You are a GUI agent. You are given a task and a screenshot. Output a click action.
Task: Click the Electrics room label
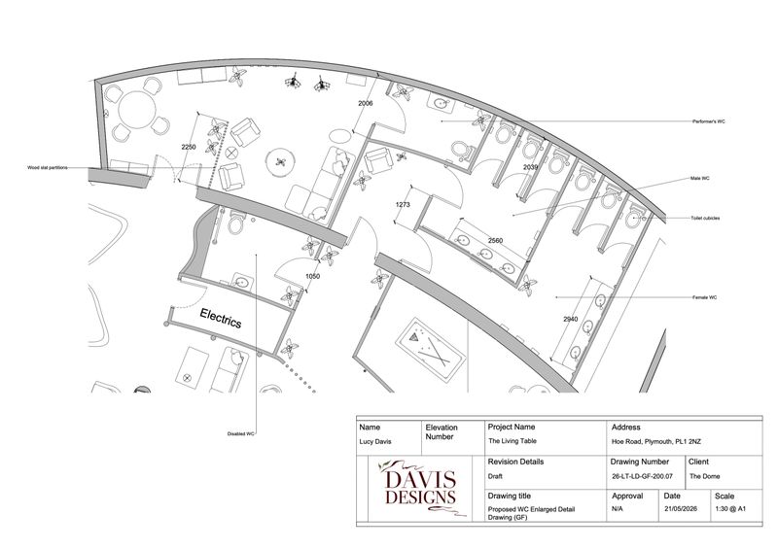tap(221, 319)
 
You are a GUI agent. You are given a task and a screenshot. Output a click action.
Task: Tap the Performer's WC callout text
tap(709, 121)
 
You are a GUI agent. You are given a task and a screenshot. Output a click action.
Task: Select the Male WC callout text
tap(699, 178)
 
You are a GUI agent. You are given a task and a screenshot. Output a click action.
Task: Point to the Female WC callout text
tap(704, 297)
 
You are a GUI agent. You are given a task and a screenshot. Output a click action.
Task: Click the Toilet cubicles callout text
tap(705, 219)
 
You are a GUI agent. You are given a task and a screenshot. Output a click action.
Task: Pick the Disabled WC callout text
tap(240, 434)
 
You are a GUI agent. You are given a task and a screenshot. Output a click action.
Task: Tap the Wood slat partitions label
tap(48, 168)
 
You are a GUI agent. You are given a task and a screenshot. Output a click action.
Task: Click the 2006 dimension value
tap(366, 104)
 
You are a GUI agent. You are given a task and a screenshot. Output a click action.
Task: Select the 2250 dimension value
tap(189, 147)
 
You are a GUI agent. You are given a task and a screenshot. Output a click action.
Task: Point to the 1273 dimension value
tap(403, 204)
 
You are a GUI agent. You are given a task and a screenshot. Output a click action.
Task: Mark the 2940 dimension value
tap(571, 319)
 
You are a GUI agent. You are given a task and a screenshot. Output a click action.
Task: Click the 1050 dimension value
tap(312, 276)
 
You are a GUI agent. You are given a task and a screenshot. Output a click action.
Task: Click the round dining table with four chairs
tap(137, 110)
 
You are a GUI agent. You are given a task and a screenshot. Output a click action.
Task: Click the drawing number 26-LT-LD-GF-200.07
tap(642, 476)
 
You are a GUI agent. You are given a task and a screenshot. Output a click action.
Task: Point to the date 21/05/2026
tap(680, 509)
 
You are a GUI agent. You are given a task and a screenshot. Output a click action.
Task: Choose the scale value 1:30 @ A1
tap(730, 509)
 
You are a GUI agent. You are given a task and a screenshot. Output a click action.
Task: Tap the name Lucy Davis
tap(375, 441)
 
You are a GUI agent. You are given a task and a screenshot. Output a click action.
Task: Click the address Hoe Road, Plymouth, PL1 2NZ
tap(655, 441)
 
